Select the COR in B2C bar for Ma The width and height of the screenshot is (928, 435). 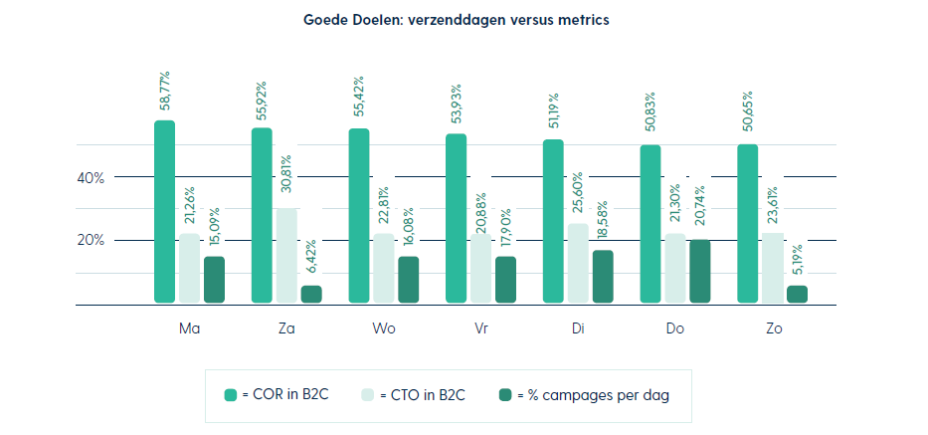pyautogui.click(x=165, y=212)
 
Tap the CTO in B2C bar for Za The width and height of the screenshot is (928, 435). pyautogui.click(x=286, y=256)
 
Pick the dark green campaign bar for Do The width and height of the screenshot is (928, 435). pyautogui.click(x=700, y=271)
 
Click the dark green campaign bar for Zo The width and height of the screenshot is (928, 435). pyautogui.click(x=798, y=294)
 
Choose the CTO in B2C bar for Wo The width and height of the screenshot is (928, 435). pyautogui.click(x=384, y=268)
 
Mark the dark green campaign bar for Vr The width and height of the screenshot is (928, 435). pyautogui.click(x=506, y=279)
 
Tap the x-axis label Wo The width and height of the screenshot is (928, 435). pyautogui.click(x=383, y=327)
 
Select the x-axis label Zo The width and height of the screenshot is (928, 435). pyautogui.click(x=773, y=327)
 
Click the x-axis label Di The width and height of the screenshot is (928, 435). pyautogui.click(x=578, y=327)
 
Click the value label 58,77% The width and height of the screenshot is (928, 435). pyautogui.click(x=165, y=93)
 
